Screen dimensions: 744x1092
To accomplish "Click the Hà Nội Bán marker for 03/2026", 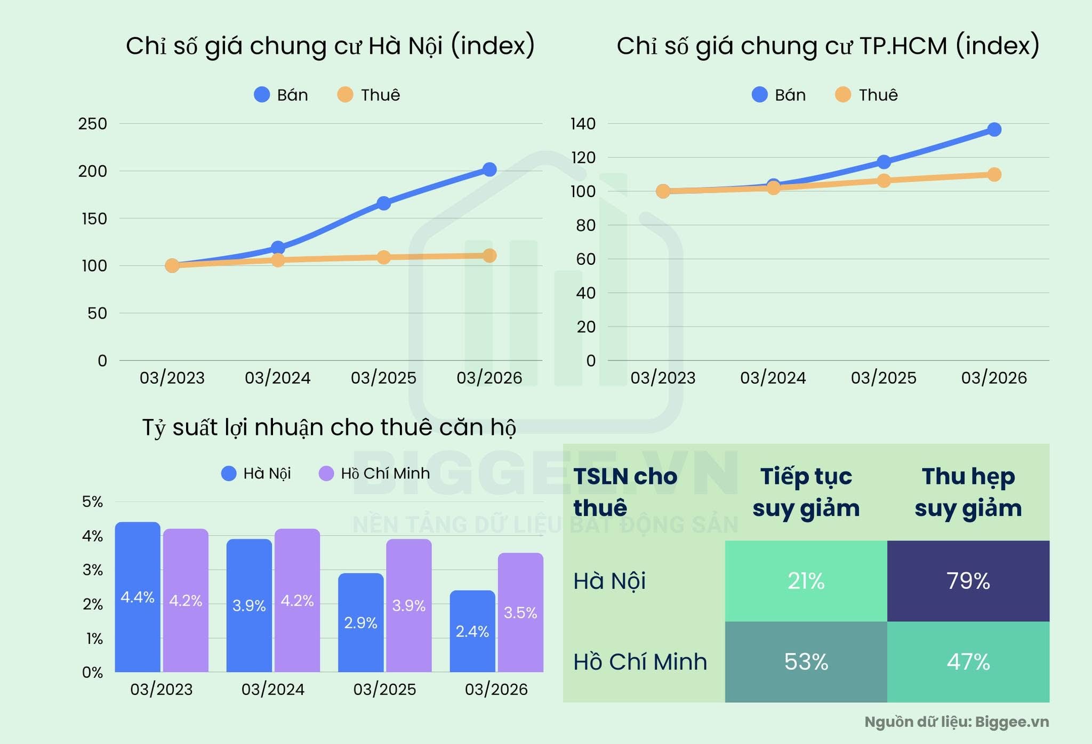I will (x=489, y=169).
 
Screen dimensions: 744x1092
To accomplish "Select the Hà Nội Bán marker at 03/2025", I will (x=383, y=203).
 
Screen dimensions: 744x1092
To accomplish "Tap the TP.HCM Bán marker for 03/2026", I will (x=994, y=130).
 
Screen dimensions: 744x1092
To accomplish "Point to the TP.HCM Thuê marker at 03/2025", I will (x=884, y=181).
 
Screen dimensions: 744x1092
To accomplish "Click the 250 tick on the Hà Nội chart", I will (x=93, y=124).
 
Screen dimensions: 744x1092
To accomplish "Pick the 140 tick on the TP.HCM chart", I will (x=583, y=124).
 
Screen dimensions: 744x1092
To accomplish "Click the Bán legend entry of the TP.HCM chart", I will (x=779, y=95).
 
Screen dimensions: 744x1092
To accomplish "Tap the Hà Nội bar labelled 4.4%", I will (x=138, y=597).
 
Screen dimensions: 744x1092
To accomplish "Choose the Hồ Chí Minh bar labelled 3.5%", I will (x=520, y=612).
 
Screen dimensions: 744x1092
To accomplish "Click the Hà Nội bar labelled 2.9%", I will (x=361, y=622).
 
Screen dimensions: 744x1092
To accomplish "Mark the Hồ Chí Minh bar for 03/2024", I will (x=297, y=600).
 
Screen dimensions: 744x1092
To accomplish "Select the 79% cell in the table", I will (x=968, y=581).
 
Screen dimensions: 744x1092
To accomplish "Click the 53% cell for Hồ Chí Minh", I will (x=806, y=662).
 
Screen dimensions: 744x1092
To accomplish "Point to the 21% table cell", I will (x=806, y=581).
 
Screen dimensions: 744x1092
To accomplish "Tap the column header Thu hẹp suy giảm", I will (x=968, y=492).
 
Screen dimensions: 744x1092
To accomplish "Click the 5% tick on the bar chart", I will (x=93, y=502).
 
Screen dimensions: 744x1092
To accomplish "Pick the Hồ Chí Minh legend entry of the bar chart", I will (x=375, y=473).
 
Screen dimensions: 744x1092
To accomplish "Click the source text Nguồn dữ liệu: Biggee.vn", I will (x=957, y=722).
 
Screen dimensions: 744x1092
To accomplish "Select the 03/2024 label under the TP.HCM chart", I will (x=773, y=378).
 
